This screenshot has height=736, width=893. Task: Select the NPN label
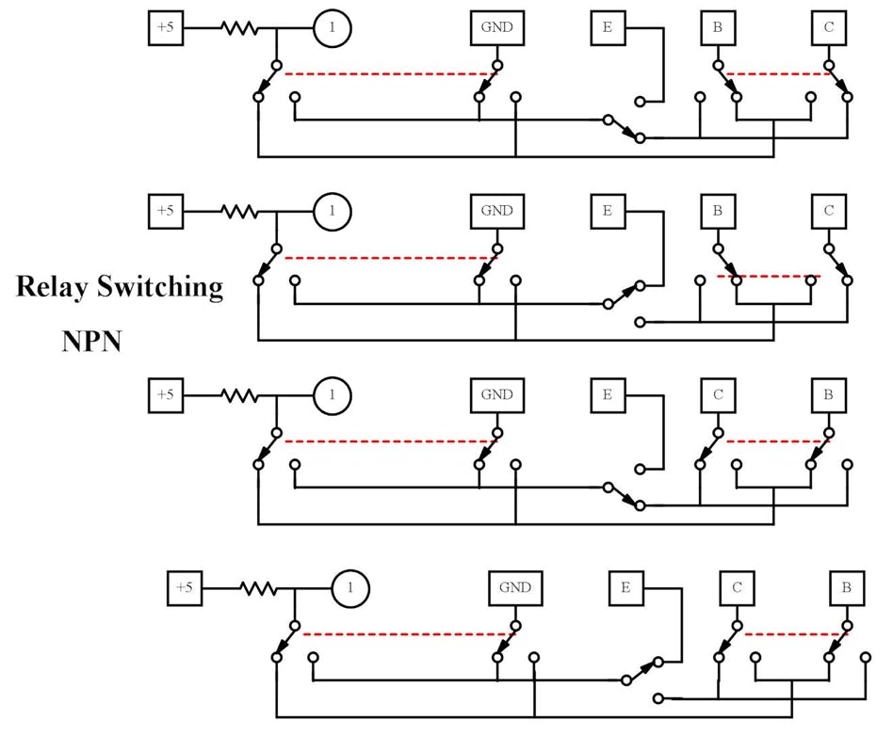tap(91, 341)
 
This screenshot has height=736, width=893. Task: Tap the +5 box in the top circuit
tap(166, 28)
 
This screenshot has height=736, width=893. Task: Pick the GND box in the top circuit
tap(496, 28)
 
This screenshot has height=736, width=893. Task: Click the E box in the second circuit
tap(608, 211)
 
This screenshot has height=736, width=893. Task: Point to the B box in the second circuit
tap(718, 211)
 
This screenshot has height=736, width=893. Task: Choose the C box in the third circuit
tap(718, 394)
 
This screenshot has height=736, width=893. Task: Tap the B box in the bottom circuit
tap(847, 588)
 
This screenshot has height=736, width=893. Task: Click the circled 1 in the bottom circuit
tap(349, 589)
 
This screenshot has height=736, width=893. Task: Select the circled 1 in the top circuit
tap(332, 28)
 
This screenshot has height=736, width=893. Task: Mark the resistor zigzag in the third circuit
tap(239, 395)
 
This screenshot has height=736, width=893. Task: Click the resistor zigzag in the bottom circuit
tap(257, 589)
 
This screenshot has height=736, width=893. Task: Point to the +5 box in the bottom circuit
tap(184, 588)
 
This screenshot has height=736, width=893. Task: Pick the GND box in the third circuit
tap(496, 394)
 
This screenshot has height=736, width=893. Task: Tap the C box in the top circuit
tap(828, 28)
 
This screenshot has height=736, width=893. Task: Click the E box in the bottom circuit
tap(625, 588)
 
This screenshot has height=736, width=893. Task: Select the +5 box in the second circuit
tap(166, 211)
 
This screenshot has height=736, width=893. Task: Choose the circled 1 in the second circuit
tap(332, 212)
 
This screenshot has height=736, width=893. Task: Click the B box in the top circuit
tap(718, 28)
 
